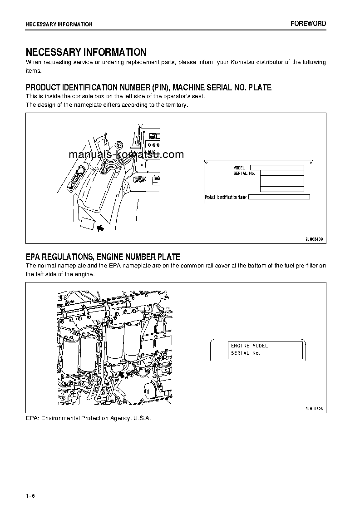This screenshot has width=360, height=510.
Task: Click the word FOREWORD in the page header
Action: (x=308, y=24)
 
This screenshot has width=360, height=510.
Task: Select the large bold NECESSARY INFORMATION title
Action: (x=86, y=52)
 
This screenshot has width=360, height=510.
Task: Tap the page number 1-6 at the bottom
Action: (x=30, y=495)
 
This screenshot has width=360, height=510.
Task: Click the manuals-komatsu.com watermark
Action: (x=126, y=154)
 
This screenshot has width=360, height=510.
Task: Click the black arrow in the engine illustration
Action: (x=121, y=374)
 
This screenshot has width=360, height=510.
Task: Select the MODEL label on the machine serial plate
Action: (x=239, y=168)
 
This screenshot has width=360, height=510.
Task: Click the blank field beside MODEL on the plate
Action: (x=276, y=168)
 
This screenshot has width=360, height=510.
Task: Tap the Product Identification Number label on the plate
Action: (x=226, y=197)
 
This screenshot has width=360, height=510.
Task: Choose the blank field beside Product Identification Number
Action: (x=279, y=197)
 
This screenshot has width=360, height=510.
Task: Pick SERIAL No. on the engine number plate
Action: (x=245, y=353)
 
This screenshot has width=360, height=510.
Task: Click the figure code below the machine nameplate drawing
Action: (x=314, y=238)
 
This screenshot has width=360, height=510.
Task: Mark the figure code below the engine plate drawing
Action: (x=314, y=409)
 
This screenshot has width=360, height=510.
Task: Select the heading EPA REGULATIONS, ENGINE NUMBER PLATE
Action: (x=103, y=257)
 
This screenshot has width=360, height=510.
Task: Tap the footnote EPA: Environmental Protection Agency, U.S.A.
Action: (x=88, y=418)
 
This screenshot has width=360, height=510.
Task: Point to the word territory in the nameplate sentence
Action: (x=175, y=105)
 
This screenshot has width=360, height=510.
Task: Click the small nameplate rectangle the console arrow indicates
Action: (x=87, y=223)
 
